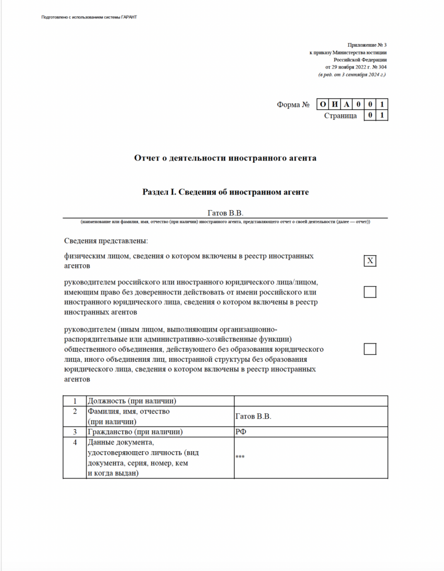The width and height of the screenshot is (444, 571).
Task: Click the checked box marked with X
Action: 370,261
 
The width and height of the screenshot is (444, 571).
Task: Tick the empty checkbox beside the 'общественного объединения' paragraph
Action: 370,349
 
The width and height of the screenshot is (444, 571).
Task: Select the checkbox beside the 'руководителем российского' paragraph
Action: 370,292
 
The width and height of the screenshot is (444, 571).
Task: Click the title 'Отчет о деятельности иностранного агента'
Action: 225,158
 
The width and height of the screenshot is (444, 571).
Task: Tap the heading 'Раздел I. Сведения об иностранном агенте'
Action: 225,192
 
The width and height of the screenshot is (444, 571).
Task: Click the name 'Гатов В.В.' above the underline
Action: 225,212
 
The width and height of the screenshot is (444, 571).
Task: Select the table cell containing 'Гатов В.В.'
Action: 310,417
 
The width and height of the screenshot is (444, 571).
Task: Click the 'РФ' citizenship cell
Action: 310,432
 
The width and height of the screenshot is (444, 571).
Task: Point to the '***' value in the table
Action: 310,457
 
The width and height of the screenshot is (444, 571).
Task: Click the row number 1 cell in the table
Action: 75,401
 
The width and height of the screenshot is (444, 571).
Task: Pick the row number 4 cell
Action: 75,443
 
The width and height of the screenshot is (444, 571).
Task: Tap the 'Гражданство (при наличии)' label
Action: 136,432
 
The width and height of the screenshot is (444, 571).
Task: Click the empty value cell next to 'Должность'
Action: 310,401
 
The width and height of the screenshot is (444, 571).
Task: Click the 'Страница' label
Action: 340,116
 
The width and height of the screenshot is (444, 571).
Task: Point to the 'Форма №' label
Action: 293,105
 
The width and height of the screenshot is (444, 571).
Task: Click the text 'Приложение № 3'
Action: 366,45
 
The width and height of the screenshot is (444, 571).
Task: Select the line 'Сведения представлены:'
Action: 105,241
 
